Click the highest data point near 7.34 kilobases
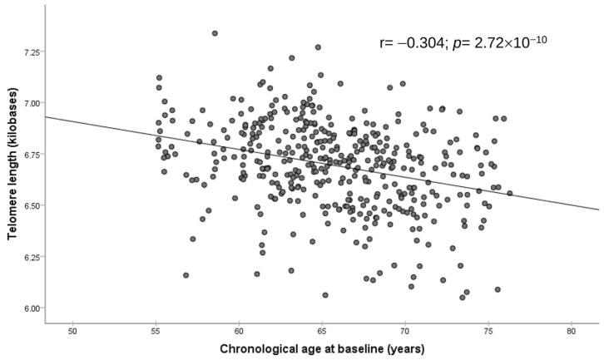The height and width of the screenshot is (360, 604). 215,33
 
